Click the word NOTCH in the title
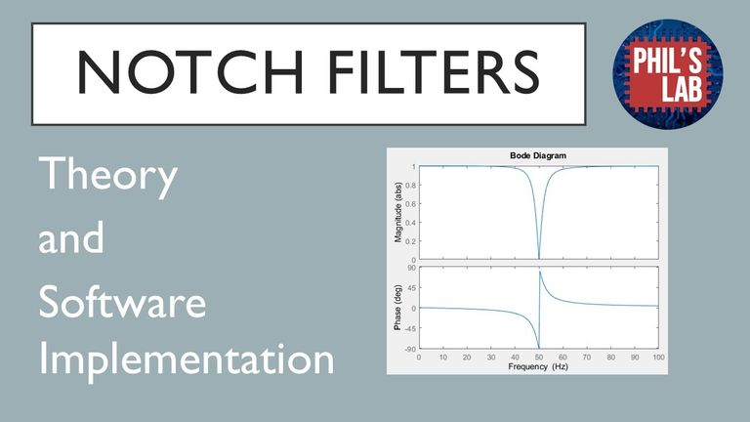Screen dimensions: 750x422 click(x=190, y=71)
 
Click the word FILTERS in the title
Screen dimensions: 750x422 click(x=434, y=71)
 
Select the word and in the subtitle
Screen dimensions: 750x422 click(x=70, y=236)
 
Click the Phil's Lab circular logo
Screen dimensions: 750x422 click(x=668, y=74)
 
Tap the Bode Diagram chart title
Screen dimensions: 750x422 click(x=538, y=155)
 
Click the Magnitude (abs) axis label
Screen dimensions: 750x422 click(x=398, y=212)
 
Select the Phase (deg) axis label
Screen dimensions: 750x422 click(x=397, y=308)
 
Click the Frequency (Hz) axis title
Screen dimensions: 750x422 click(x=538, y=367)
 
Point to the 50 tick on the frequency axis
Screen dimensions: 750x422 click(x=539, y=358)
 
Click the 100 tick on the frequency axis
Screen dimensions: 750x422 click(x=658, y=358)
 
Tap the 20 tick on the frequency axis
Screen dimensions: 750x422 click(x=467, y=358)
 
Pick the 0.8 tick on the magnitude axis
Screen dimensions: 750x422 click(x=410, y=186)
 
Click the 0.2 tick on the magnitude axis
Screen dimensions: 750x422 click(x=410, y=241)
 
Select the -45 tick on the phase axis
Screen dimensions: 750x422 click(x=410, y=328)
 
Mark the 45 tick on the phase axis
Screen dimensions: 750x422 click(x=412, y=287)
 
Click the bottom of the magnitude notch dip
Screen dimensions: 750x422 click(x=539, y=259)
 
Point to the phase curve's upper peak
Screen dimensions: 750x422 click(x=540, y=272)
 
